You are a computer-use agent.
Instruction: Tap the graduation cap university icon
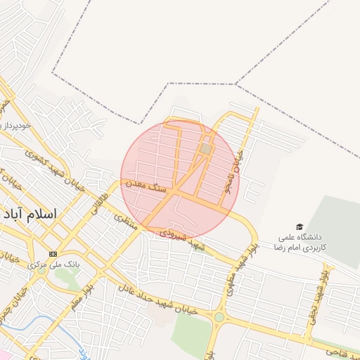[x=301, y=227]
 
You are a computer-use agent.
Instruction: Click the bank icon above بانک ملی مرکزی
[x=53, y=253]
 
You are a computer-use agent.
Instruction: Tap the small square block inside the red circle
[x=205, y=149]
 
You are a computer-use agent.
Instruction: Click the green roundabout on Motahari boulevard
[x=219, y=317]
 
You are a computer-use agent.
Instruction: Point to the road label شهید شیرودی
[x=182, y=238]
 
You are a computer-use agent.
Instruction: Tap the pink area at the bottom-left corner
[x=6, y=354]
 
